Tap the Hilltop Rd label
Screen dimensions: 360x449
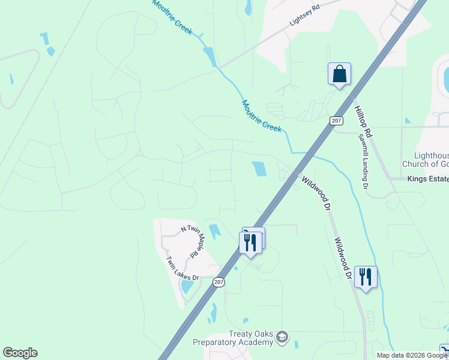click(364, 120)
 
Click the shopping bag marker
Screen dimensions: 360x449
click(339, 74)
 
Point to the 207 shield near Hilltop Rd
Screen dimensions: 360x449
click(336, 121)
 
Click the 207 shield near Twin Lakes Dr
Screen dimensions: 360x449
click(218, 281)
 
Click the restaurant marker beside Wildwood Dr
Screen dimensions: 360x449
click(366, 277)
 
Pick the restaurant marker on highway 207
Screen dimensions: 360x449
click(250, 241)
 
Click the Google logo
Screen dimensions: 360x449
click(20, 353)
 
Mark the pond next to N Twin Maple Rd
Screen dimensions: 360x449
click(214, 230)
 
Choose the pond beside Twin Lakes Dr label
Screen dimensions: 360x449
click(187, 286)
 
